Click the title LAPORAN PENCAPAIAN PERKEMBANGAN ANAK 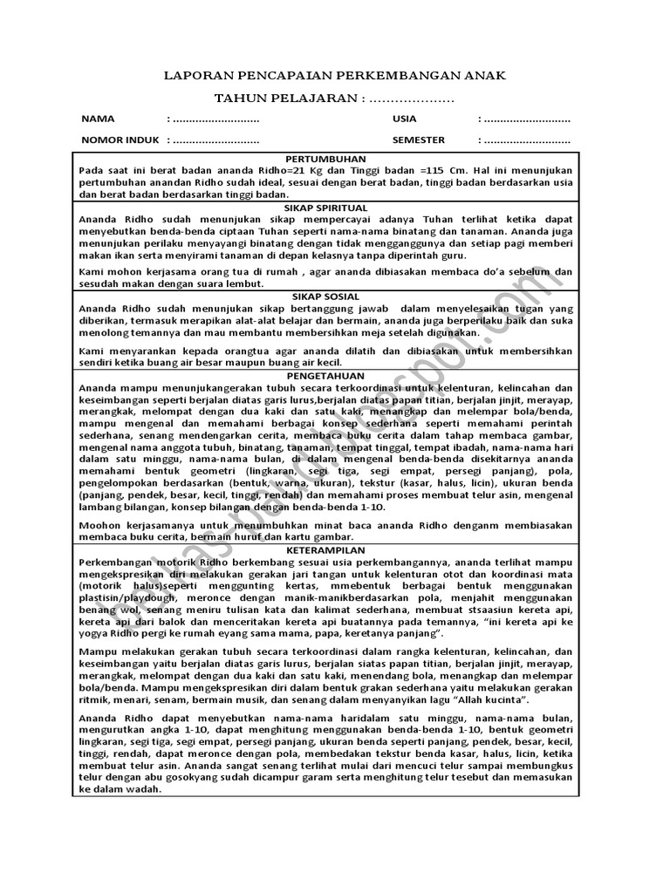(x=335, y=77)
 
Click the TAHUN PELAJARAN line (x=335, y=100)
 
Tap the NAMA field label (x=98, y=119)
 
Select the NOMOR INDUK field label (x=114, y=140)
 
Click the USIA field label (x=404, y=119)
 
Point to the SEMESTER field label (x=418, y=140)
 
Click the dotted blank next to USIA (x=526, y=119)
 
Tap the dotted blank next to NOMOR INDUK (x=214, y=140)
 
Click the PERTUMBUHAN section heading (x=334, y=159)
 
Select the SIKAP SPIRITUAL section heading (x=334, y=209)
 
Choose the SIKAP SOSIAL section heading (x=334, y=297)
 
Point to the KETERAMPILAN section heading (x=334, y=551)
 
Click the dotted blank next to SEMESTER (x=526, y=140)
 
